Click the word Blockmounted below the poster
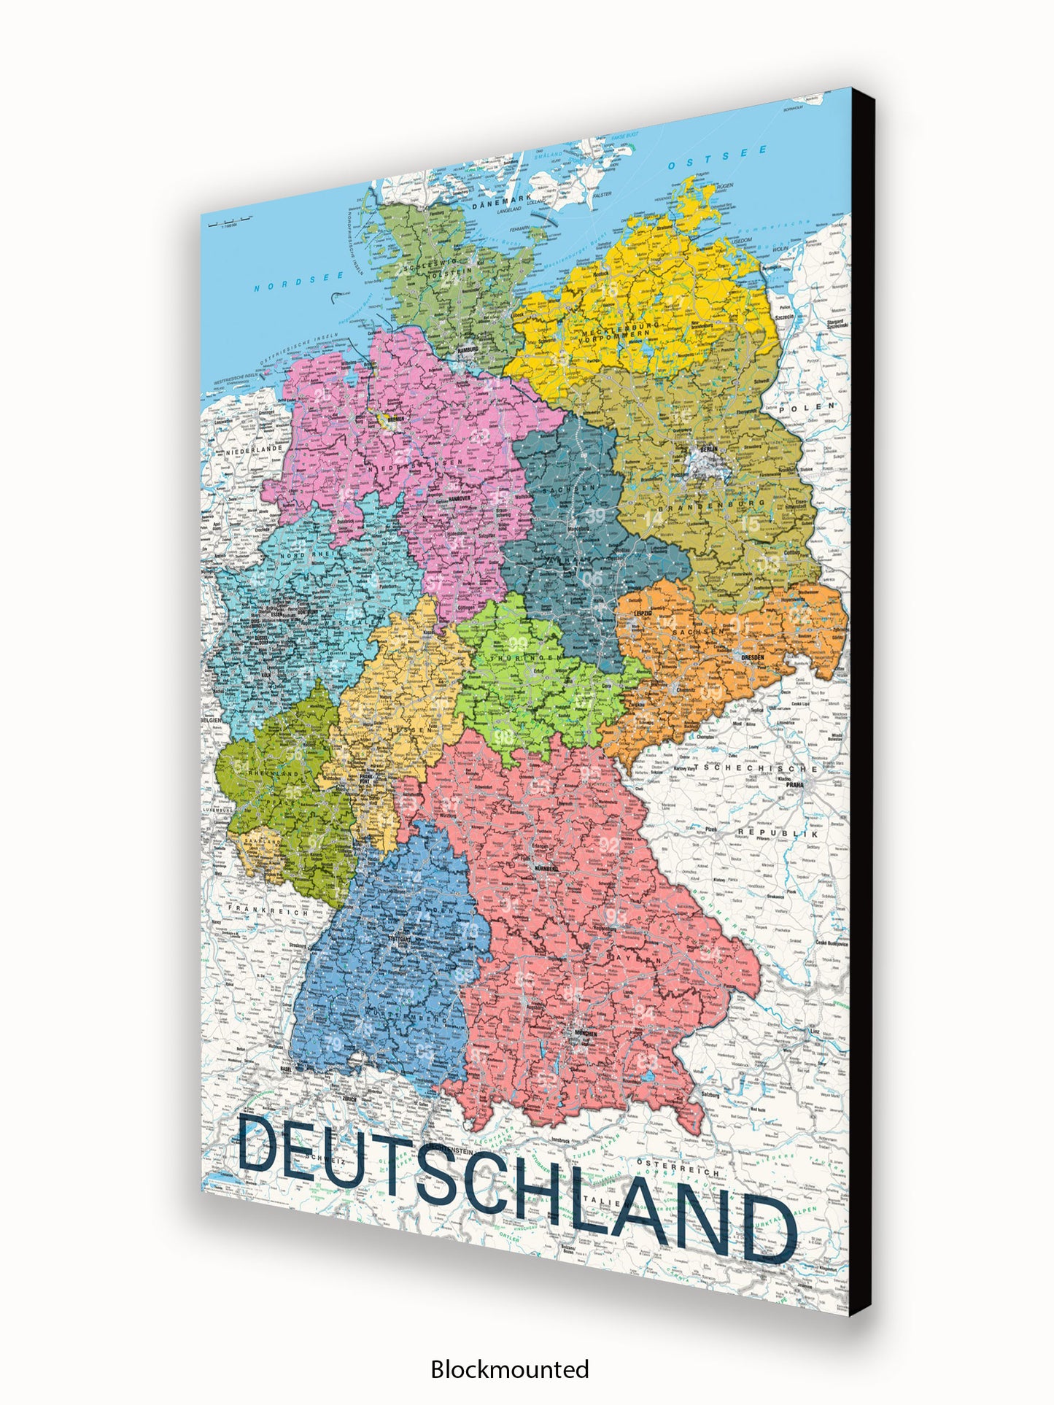509,1369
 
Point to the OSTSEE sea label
718,158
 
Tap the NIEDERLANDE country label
254,450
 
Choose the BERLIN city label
708,449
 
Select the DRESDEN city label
753,657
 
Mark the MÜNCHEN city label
584,1033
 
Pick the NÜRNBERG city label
546,869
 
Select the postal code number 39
596,515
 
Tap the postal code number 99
518,643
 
